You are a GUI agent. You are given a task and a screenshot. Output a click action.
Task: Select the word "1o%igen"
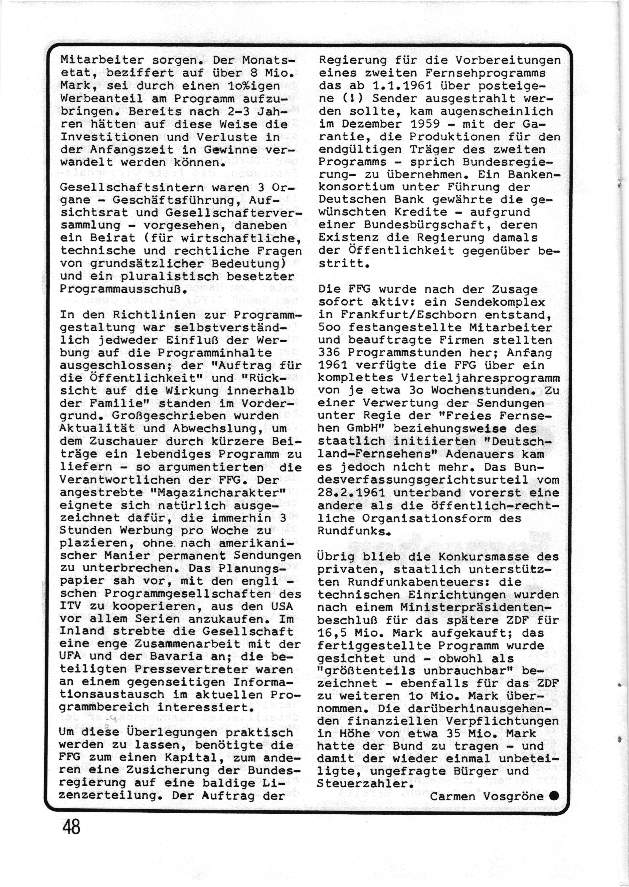pyautogui.click(x=253, y=86)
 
